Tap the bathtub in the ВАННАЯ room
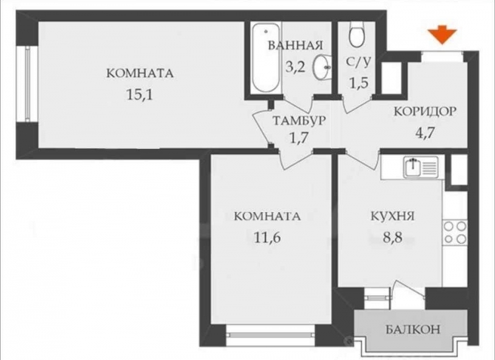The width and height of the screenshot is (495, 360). tap(266, 58)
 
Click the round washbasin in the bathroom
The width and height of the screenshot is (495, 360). tap(322, 67)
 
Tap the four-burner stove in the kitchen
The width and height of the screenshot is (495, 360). tap(455, 232)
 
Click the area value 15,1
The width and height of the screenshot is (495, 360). tap(139, 94)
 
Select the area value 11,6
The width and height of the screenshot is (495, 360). tap(267, 237)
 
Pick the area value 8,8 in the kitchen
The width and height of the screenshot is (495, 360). tap(392, 237)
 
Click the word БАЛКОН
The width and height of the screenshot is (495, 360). tap(413, 330)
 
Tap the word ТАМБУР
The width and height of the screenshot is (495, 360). tap(299, 121)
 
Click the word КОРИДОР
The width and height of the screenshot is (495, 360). tap(425, 111)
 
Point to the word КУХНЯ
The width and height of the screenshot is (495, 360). tap(392, 216)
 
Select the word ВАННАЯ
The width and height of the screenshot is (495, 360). tap(296, 45)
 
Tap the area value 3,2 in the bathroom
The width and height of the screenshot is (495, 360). tap(296, 67)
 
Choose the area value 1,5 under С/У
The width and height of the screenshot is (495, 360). tap(359, 83)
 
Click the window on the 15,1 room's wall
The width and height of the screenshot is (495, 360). tap(27, 84)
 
